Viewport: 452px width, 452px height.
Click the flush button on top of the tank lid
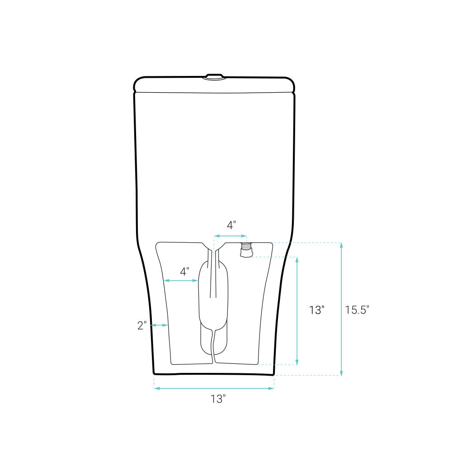point(214,77)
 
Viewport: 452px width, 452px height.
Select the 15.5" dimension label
point(357,310)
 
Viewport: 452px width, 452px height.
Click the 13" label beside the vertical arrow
point(317,310)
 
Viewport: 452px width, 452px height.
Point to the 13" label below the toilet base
point(218,399)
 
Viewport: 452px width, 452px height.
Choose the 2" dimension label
point(142,325)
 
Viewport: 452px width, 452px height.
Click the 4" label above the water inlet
point(231,225)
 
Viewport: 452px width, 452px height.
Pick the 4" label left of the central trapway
point(184,272)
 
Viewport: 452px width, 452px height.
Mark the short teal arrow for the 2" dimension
point(160,325)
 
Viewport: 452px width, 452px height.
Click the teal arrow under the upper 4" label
point(231,236)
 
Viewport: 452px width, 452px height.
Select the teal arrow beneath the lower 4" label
point(181,281)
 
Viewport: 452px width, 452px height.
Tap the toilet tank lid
point(214,85)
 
